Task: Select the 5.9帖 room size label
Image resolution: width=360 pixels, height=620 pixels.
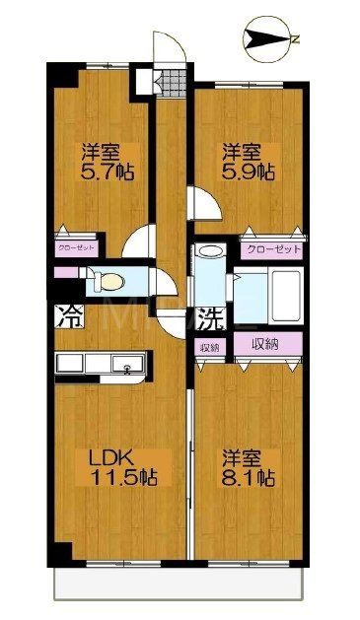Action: (x=244, y=171)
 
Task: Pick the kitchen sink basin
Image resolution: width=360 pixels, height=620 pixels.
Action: (x=126, y=367)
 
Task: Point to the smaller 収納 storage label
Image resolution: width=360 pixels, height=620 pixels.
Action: (x=209, y=347)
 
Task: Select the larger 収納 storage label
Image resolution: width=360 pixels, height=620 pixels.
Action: (x=265, y=345)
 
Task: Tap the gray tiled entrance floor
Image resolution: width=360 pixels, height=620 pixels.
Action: (x=174, y=82)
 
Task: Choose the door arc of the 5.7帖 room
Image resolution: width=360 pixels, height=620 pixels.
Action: (x=141, y=241)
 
